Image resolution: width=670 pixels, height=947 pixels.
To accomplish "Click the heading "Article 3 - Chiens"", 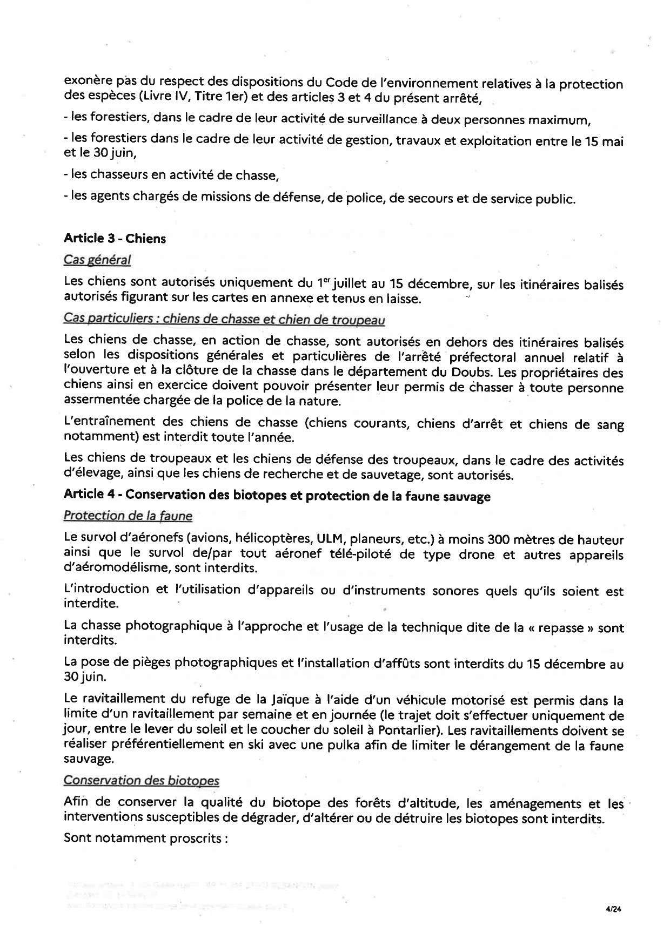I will [x=115, y=239].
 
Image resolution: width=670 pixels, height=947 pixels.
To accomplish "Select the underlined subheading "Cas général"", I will [x=97, y=260].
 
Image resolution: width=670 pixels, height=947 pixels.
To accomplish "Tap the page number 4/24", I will [x=614, y=909].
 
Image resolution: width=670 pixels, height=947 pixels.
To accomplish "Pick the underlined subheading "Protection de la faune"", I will [x=128, y=516].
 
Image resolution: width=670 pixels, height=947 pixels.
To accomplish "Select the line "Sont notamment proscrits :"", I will [x=144, y=838].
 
